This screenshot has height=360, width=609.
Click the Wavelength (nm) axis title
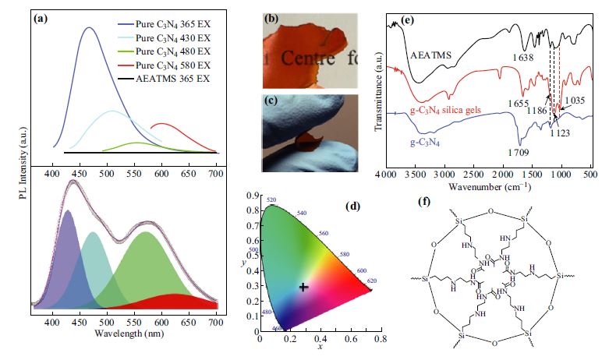[129, 334]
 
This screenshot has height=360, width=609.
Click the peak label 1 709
[519, 154]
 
